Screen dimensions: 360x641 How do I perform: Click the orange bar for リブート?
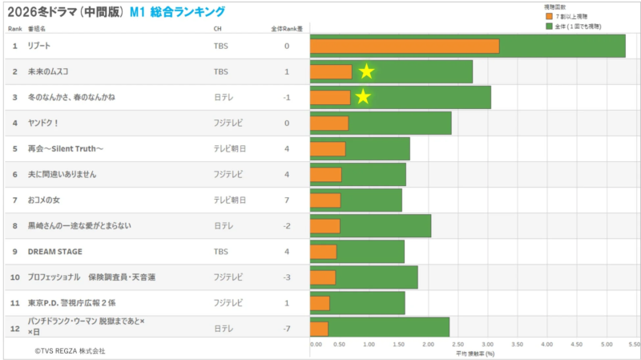(x=405, y=46)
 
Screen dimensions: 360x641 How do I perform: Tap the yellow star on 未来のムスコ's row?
(x=366, y=71)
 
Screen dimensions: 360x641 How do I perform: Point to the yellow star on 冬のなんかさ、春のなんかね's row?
(x=363, y=97)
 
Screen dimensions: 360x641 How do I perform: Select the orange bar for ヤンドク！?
(x=329, y=123)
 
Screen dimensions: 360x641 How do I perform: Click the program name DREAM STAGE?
(x=55, y=252)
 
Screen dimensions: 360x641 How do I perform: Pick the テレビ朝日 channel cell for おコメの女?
(x=229, y=200)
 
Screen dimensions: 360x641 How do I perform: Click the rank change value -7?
(x=286, y=329)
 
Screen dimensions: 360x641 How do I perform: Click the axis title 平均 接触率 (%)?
(x=475, y=354)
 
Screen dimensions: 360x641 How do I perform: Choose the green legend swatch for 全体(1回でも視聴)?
(x=549, y=25)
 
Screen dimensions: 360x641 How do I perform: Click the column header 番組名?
(x=37, y=29)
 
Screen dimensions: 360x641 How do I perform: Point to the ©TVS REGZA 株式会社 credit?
(x=70, y=351)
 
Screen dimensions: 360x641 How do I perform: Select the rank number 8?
(x=14, y=226)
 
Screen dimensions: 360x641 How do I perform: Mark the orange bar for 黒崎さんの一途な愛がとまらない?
(x=325, y=226)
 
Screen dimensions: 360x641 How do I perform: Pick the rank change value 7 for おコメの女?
(x=287, y=200)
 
